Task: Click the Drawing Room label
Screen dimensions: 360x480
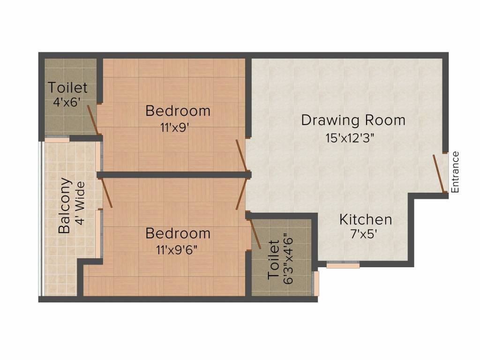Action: tap(353, 120)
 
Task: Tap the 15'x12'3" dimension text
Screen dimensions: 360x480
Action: tap(353, 138)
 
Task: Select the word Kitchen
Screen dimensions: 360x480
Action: tap(366, 219)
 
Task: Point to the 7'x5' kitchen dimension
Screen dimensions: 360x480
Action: tap(366, 234)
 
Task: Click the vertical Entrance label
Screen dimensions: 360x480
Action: tap(455, 172)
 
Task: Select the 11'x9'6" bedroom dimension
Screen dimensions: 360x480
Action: tap(178, 249)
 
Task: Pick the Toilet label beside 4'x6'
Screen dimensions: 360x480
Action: tap(68, 88)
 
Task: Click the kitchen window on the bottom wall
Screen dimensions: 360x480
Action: tap(343, 265)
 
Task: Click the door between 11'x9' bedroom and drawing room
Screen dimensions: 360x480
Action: tap(241, 155)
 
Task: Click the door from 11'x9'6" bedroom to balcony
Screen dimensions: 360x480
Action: tap(107, 193)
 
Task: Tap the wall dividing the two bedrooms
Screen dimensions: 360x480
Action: tap(173, 175)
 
